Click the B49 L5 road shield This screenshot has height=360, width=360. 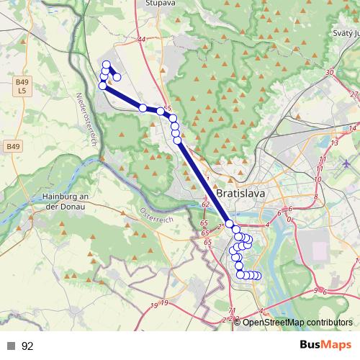click(22, 87)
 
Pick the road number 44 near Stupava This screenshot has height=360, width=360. click(140, 40)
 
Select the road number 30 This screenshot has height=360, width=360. click(330, 73)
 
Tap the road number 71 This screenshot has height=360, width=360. click(231, 310)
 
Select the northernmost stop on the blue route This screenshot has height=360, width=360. click(107, 64)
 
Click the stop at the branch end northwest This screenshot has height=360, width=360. click(117, 77)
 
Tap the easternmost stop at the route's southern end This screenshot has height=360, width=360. click(257, 276)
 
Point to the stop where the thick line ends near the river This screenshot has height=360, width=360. click(230, 224)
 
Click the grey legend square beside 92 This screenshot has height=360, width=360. click(11, 346)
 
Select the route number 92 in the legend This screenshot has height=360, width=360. click(27, 346)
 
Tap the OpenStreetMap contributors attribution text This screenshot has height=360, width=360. click(298, 323)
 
